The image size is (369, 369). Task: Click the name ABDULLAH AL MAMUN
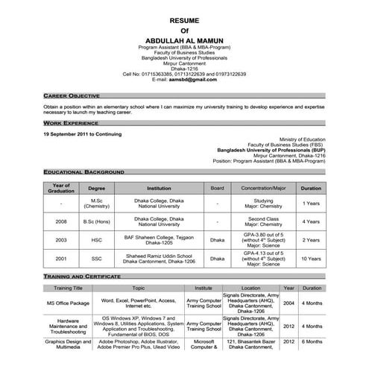[184, 38]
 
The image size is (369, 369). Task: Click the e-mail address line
[185, 80]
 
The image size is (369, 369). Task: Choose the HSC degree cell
[97, 240]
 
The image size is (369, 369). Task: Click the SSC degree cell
[97, 258]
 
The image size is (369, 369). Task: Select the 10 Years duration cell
[312, 258]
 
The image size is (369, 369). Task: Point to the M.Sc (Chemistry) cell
[97, 203]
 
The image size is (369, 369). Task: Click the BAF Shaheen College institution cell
[159, 240]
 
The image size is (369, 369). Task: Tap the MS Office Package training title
[68, 303]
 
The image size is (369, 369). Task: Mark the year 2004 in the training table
[288, 303]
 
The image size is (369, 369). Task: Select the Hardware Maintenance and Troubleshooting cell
[68, 325]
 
